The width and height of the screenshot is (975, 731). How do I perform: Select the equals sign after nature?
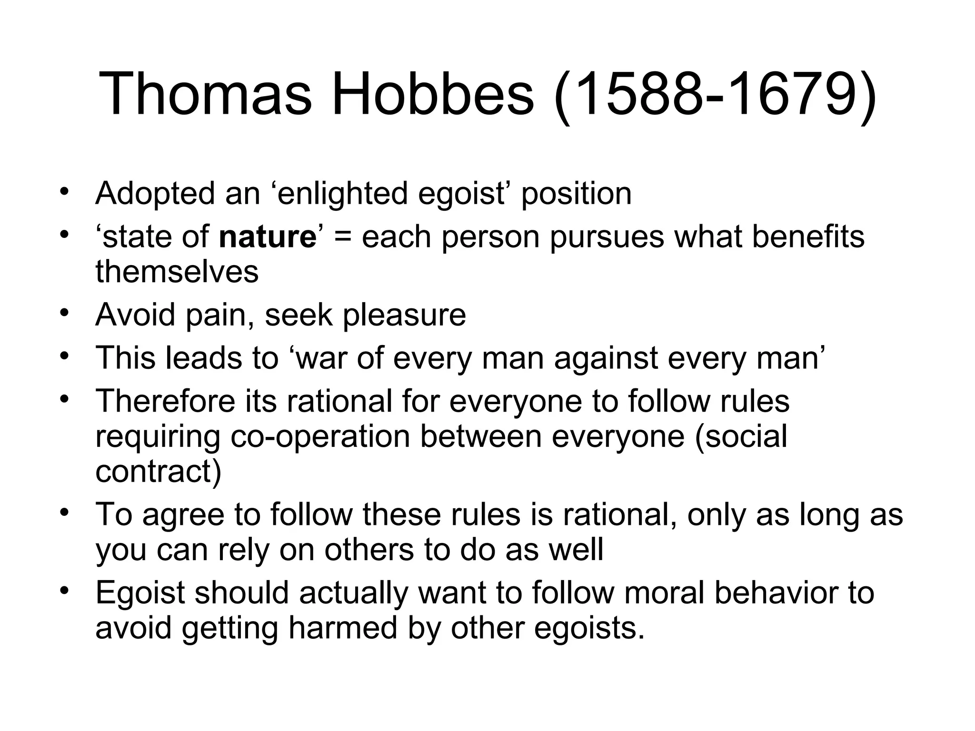click(342, 237)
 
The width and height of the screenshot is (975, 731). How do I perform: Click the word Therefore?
click(165, 401)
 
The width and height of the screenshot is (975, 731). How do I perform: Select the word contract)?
click(159, 471)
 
